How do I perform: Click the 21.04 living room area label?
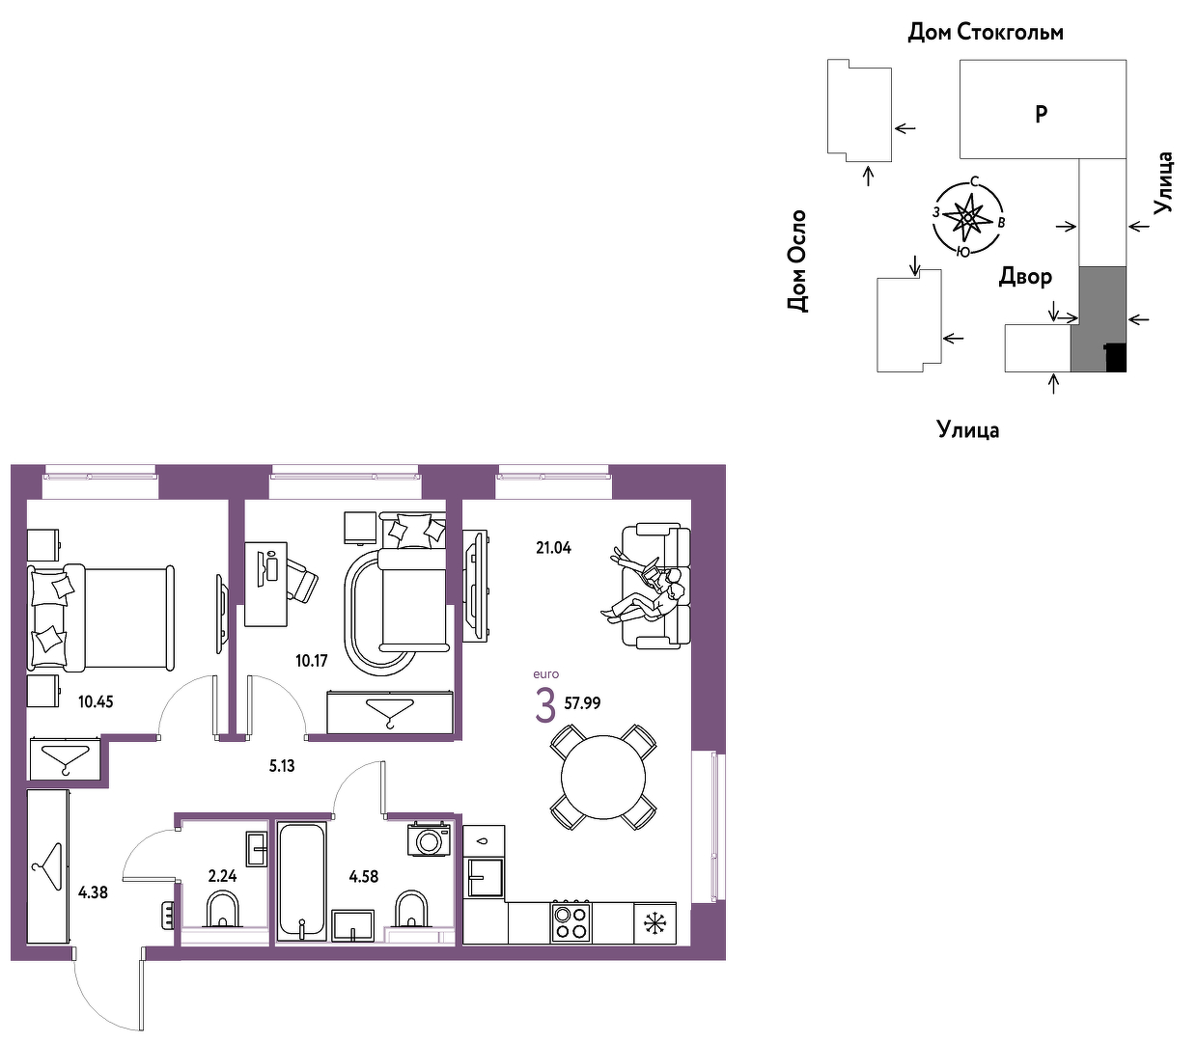tap(553, 548)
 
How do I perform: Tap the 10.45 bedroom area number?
tap(96, 701)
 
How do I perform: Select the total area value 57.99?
tap(582, 702)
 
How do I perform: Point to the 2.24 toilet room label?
tap(222, 875)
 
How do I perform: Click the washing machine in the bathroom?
tap(430, 840)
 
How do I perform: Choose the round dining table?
tap(603, 777)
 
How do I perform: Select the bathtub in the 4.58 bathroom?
tap(301, 881)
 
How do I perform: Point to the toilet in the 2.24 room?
tap(222, 909)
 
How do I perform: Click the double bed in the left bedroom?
tap(100, 617)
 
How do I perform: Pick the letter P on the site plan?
tap(1042, 114)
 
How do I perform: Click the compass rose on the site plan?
tap(968, 217)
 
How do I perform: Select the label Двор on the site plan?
tap(1025, 276)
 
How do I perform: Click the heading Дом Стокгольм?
tap(986, 32)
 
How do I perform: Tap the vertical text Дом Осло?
tap(796, 261)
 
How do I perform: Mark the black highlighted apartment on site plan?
tap(1116, 357)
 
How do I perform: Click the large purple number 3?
tap(545, 706)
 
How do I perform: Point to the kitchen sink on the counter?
tap(484, 878)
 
